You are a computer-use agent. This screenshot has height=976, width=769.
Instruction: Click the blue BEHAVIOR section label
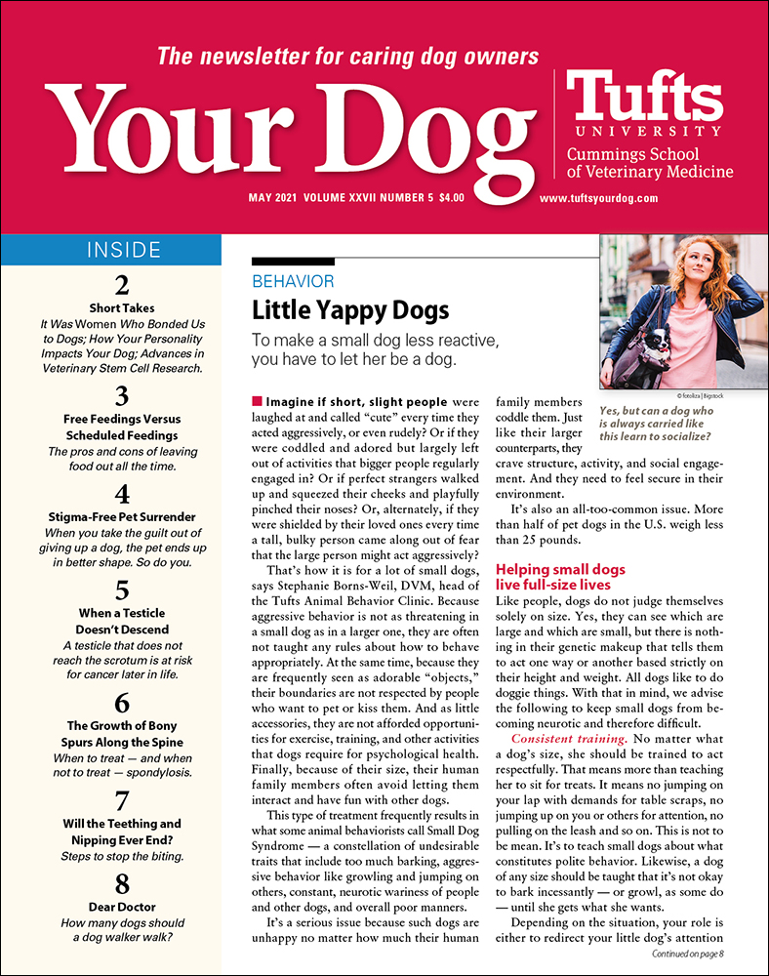[293, 281]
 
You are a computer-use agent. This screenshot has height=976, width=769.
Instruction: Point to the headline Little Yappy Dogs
[350, 310]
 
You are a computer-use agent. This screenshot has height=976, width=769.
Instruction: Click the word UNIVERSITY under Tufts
[648, 131]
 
